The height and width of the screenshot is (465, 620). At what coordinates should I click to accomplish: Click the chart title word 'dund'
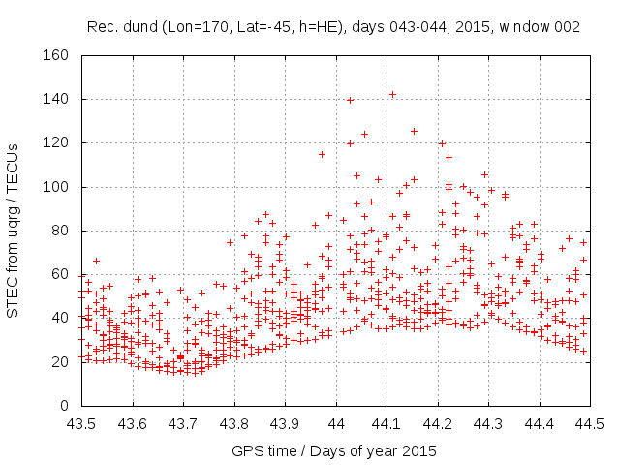coord(138,28)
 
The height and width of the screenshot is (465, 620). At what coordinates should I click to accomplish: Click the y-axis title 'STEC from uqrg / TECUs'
coord(14,231)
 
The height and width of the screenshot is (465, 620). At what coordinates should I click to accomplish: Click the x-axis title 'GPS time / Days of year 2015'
coord(334,450)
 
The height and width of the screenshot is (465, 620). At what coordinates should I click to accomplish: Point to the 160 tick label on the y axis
coord(60,55)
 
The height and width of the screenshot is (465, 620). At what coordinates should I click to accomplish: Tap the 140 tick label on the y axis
coord(60,99)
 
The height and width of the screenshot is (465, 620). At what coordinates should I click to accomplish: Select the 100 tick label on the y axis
coord(60,187)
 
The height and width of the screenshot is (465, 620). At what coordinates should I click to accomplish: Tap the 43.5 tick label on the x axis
coord(81,423)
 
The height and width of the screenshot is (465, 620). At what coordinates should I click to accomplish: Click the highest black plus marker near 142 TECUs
coord(392,94)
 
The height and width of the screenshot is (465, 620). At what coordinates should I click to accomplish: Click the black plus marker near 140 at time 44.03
coord(351,100)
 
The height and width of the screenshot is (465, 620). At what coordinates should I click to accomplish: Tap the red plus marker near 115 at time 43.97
coord(323,154)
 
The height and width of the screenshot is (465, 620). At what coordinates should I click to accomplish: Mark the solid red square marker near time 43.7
coord(180,357)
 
